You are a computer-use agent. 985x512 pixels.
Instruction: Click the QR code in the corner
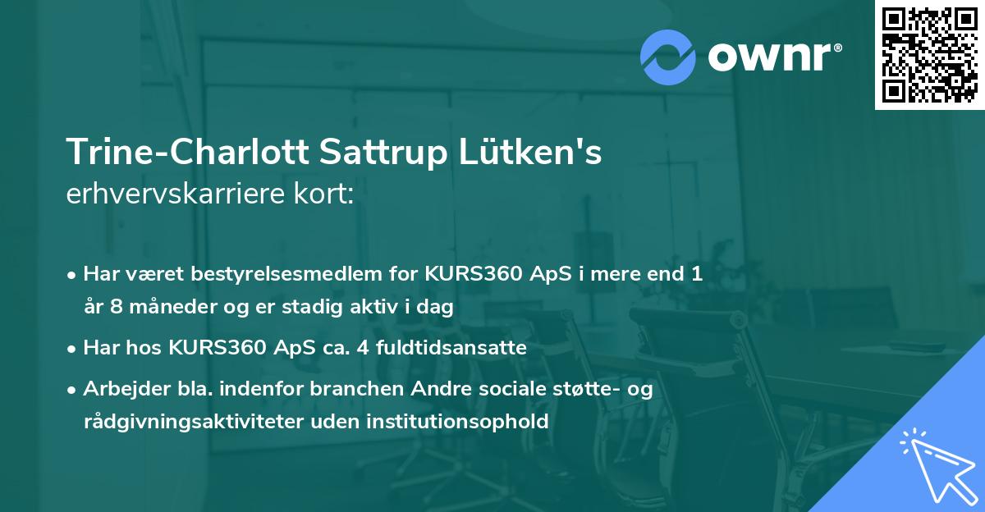[929, 55]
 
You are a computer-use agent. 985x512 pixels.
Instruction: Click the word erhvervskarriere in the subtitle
[174, 194]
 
